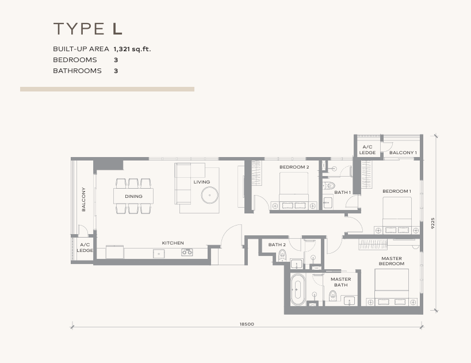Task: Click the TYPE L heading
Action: point(88,29)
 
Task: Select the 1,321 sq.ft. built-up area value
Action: point(132,49)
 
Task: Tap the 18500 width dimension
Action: point(246,324)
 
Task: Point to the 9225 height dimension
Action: point(432,223)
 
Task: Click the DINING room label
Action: point(133,197)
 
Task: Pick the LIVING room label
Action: point(201,182)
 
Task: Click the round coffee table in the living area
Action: point(209,195)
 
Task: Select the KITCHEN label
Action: point(173,243)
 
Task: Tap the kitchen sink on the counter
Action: point(156,253)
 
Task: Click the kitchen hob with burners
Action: point(187,252)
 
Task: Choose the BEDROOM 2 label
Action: point(294,167)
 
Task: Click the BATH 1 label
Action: point(342,193)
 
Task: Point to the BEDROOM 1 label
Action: point(397,191)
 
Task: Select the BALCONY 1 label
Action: point(403,152)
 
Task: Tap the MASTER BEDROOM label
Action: point(392,261)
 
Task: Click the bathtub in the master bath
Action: point(297,289)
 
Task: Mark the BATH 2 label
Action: point(277,245)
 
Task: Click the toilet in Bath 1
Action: point(328,185)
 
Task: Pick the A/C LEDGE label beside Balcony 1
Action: point(367,150)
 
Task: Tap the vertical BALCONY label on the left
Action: point(84,199)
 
